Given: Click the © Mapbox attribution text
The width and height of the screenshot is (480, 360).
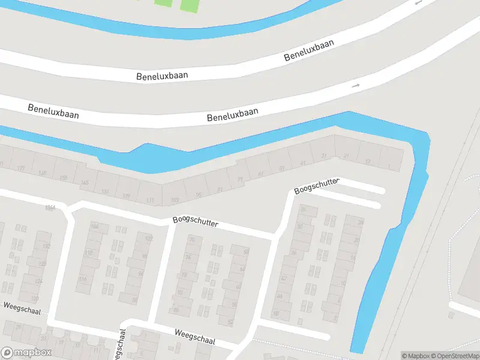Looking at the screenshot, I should (x=416, y=356).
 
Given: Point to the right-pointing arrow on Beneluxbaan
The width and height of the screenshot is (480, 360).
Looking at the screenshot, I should (x=355, y=86).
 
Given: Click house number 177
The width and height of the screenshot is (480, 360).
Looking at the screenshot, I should (x=21, y=169).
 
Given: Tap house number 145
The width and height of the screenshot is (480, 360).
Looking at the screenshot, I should (x=85, y=182).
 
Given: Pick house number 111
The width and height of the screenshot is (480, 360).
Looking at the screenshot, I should (x=150, y=199).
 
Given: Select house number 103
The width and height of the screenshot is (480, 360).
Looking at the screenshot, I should (x=175, y=200).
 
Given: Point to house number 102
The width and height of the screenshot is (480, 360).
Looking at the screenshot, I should (x=149, y=239).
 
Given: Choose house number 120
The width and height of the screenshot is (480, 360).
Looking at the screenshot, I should (x=35, y=298).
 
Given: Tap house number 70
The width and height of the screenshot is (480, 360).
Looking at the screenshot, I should (x=192, y=239).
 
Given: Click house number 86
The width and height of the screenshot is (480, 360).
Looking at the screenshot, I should (x=176, y=310).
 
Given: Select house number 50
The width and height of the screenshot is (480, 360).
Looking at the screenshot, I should (x=275, y=313).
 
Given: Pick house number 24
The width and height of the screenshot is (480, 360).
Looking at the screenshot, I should (x=361, y=223).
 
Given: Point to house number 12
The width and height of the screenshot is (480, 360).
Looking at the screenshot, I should (x=368, y=161).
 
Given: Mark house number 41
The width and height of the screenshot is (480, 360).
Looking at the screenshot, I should (x=303, y=163).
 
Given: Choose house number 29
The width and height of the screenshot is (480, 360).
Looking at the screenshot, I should (x=18, y=327).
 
